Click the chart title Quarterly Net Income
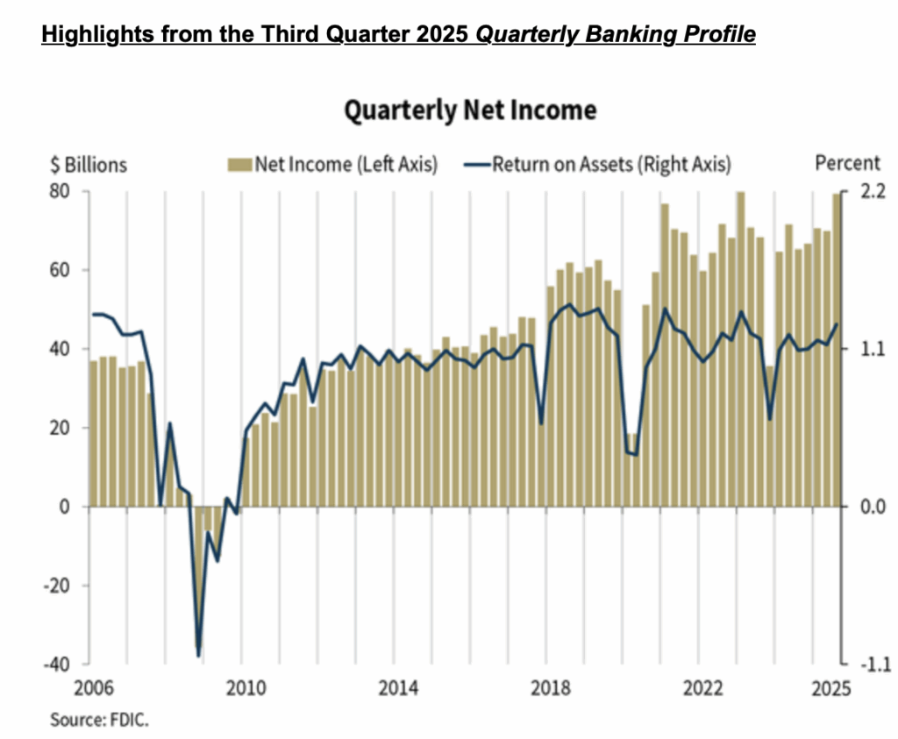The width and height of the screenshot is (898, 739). coord(470,110)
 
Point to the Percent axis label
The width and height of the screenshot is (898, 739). coord(847,163)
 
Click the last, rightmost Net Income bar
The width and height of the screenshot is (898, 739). coord(836,350)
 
